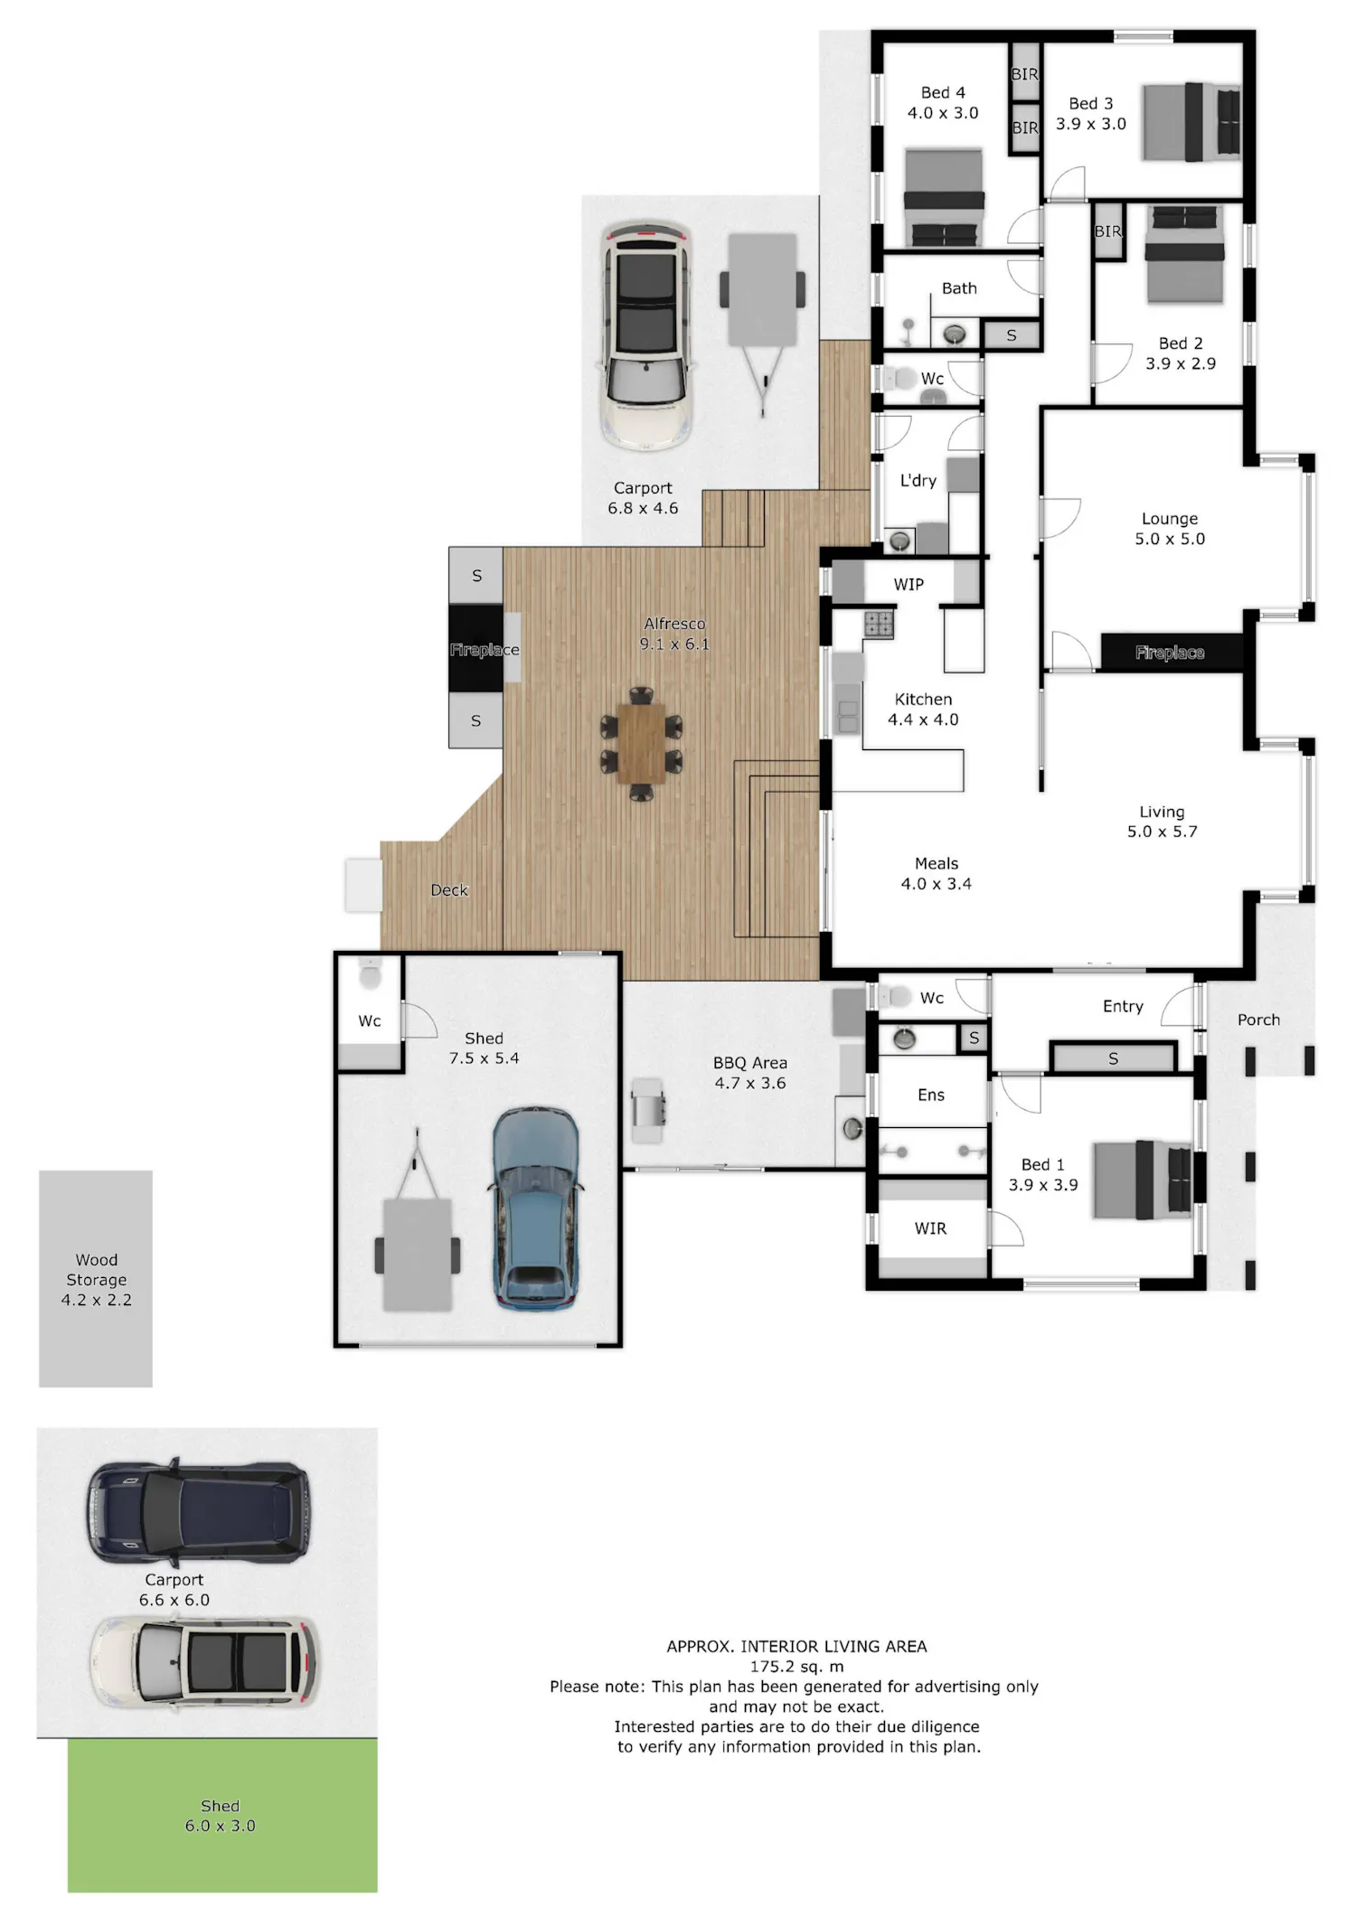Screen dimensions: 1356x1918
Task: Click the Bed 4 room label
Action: pos(943,93)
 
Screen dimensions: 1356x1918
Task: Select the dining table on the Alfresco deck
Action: pos(641,743)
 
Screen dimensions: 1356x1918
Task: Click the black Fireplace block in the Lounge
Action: pos(1171,652)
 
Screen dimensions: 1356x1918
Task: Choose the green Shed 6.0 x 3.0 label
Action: pos(220,1815)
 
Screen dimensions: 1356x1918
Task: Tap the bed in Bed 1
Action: pos(1143,1179)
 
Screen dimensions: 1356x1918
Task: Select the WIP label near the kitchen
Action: pos(909,585)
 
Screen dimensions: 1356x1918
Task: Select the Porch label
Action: pos(1258,1020)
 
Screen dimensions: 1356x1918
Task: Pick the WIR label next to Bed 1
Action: pos(930,1228)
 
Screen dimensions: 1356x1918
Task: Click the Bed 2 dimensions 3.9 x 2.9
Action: pos(1181,363)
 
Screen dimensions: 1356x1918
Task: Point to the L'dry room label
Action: pos(918,480)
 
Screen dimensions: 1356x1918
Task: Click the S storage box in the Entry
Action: pos(1114,1058)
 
